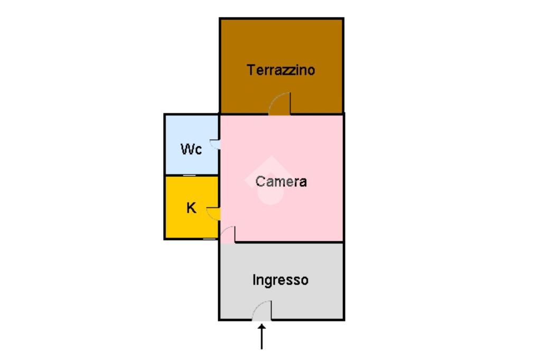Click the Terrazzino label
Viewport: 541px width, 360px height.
pos(281,70)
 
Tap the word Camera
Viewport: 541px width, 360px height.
pos(281,182)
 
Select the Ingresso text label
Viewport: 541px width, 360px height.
pos(280,280)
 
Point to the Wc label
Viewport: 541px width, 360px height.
pos(191,149)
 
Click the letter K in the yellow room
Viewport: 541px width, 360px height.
pos(191,208)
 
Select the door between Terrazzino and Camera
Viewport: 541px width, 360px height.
pos(280,104)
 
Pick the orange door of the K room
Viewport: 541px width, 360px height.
pos(213,213)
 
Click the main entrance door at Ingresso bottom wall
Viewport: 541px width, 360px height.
pos(262,311)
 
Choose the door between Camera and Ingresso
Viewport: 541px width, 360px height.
pos(228,234)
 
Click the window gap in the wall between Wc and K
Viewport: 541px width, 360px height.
pos(190,175)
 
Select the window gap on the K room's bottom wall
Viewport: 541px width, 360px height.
pos(210,239)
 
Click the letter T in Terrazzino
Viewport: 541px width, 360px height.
pos(250,70)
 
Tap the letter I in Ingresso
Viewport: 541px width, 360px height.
pos(254,280)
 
